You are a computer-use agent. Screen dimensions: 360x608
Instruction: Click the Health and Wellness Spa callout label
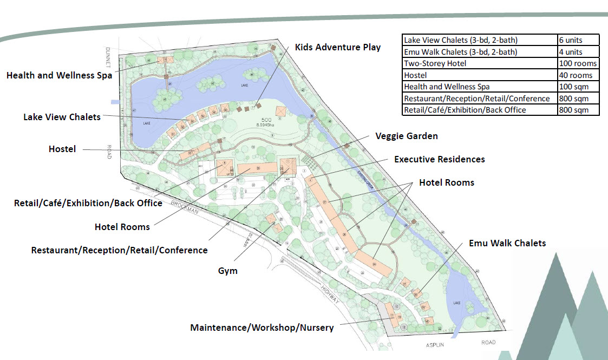[x=59, y=75]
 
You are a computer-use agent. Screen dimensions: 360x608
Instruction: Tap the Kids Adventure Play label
[x=338, y=47]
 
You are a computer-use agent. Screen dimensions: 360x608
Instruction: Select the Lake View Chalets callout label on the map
[x=62, y=117]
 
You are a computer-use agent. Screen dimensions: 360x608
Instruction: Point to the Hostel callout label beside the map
[x=62, y=149]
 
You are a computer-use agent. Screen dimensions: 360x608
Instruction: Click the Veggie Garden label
[x=407, y=136]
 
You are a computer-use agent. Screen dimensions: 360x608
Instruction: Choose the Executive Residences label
[x=439, y=159]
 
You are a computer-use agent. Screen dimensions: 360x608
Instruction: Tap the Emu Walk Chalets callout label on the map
[x=507, y=243]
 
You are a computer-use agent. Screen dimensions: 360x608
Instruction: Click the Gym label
[x=227, y=270]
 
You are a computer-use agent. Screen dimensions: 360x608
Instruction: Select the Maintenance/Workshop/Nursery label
[x=261, y=328]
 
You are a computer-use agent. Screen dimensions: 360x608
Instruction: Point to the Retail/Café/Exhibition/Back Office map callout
[x=88, y=203]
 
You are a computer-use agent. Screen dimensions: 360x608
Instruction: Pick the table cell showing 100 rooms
[x=578, y=63]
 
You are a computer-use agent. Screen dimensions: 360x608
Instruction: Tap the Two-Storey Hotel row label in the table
[x=435, y=63]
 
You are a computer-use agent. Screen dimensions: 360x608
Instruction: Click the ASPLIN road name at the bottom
[x=436, y=343]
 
